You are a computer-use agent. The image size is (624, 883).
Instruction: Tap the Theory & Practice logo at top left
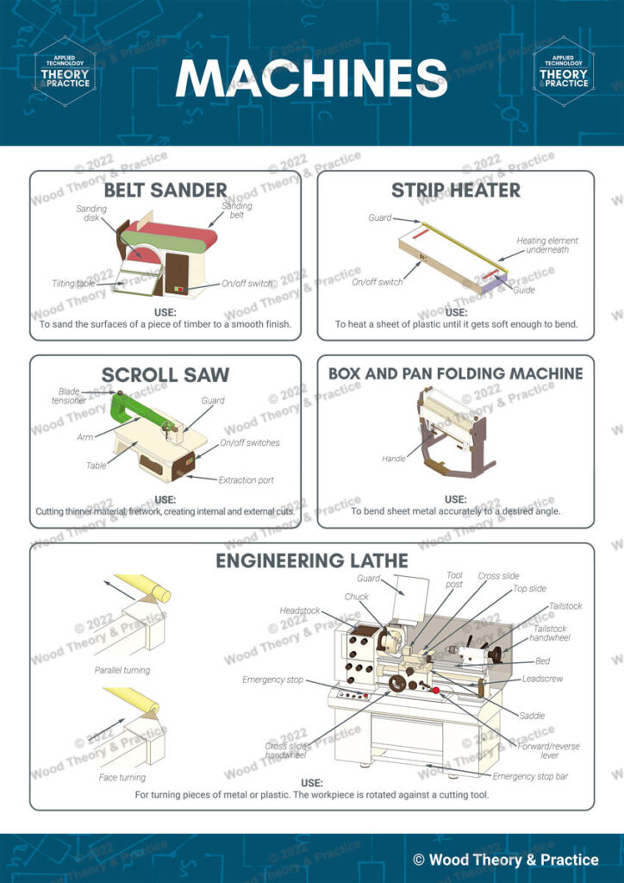[x=65, y=72]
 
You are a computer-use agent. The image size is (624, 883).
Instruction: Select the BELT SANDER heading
[x=165, y=190]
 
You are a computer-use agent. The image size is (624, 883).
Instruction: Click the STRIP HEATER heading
[x=455, y=190]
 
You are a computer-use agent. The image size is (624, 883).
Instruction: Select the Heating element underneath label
[x=547, y=246]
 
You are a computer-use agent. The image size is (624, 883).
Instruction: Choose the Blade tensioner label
[x=69, y=396]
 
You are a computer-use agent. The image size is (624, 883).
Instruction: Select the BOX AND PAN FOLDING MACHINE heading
[x=455, y=373]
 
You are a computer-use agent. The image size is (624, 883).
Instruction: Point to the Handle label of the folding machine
[x=394, y=459]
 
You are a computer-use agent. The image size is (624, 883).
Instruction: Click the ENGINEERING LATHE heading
[x=311, y=561]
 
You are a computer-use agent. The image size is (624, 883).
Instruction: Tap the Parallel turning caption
[x=122, y=670]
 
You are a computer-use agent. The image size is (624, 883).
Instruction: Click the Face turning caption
[x=122, y=777]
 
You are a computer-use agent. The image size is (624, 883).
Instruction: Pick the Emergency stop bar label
[x=530, y=776]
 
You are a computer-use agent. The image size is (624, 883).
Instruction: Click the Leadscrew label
[x=542, y=679]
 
